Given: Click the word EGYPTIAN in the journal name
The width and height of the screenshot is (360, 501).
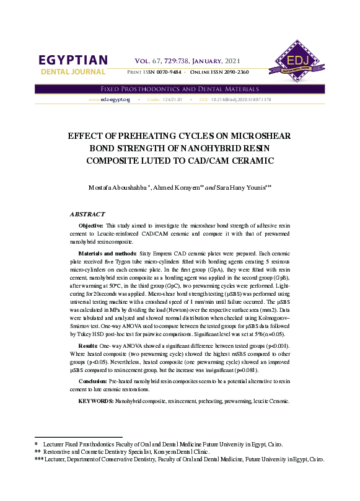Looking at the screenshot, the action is point(73,60).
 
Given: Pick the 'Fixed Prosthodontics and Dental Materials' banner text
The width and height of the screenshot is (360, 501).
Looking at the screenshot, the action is point(180,89).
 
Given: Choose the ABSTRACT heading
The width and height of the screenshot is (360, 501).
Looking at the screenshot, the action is point(87,213).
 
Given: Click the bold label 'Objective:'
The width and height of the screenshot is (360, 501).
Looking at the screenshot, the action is point(91,225).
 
